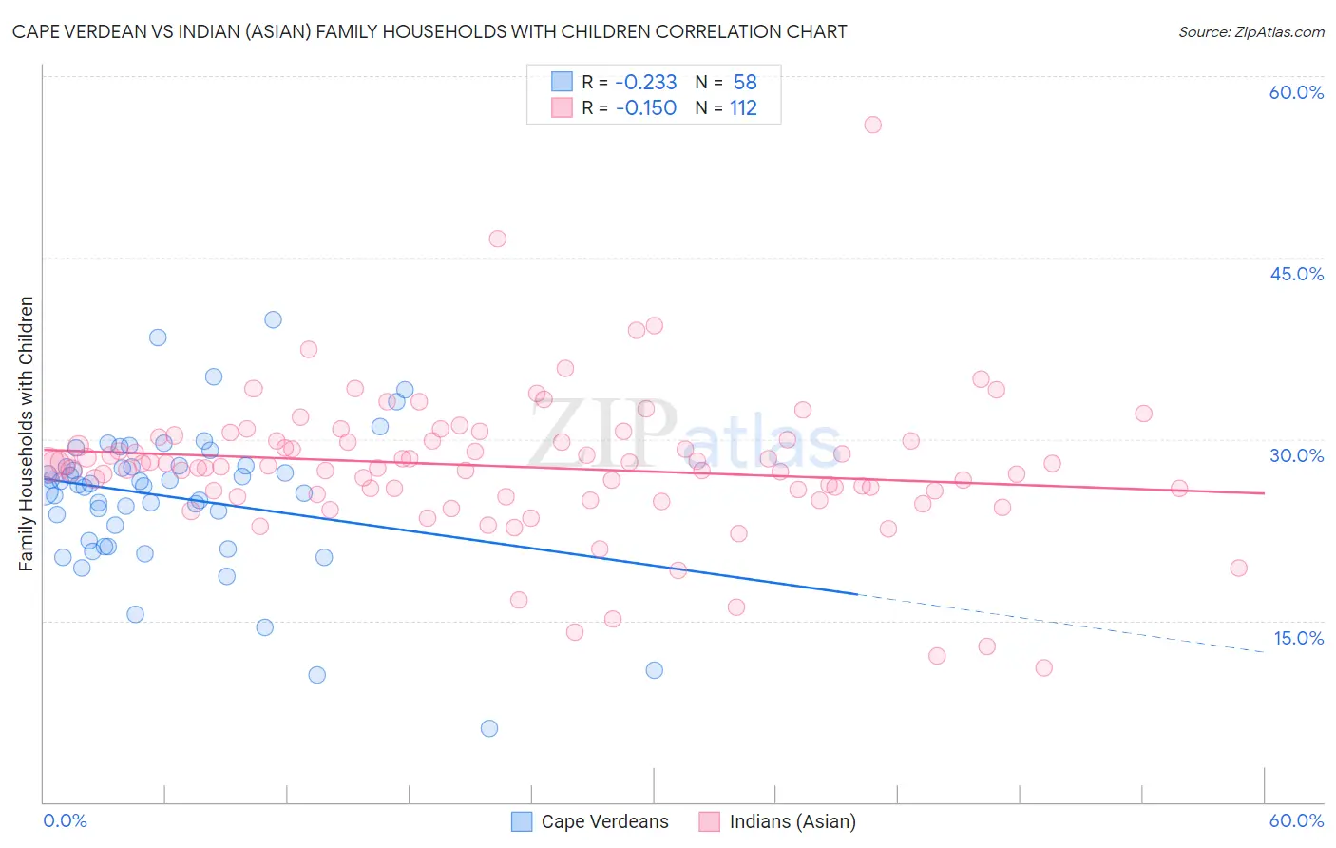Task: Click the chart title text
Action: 429,31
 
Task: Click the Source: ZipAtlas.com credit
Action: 1250,31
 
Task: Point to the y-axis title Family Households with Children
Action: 26,434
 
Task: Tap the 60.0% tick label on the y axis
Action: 1296,92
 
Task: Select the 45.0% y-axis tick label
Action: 1296,274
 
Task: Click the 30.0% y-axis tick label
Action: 1296,455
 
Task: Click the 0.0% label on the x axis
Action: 65,820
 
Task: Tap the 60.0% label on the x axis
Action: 1296,820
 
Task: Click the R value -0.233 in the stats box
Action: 646,82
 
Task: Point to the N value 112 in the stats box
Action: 743,108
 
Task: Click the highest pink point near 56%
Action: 872,125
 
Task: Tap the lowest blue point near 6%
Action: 489,728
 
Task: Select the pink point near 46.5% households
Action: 497,239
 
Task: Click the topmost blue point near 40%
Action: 273,319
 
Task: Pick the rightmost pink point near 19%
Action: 1238,568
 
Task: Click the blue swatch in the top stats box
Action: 562,82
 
